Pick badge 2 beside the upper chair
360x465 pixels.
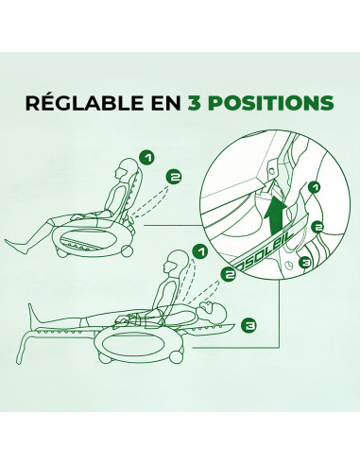(x=173, y=175)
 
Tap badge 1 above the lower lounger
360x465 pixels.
(x=199, y=251)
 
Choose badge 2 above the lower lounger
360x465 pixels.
(x=228, y=277)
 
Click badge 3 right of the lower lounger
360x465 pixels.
(x=248, y=325)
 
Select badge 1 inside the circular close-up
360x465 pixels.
(x=315, y=189)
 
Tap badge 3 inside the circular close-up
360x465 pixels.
(x=304, y=263)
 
